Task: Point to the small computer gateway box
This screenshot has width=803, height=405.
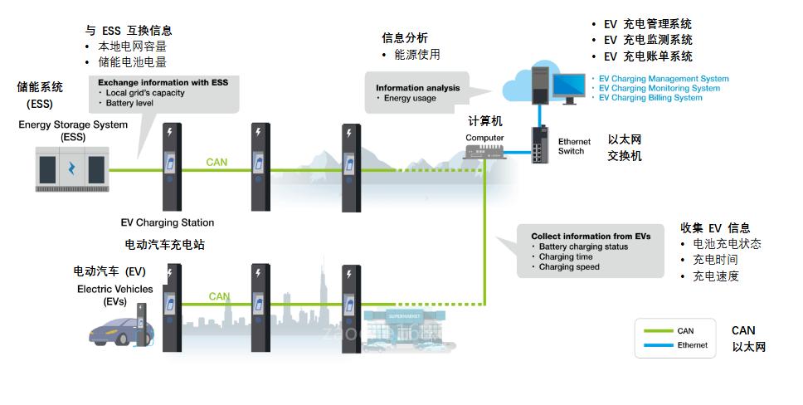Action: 484,151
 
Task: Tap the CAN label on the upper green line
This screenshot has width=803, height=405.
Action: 217,162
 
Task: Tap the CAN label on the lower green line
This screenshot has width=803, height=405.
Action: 219,296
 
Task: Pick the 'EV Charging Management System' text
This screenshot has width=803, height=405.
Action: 664,79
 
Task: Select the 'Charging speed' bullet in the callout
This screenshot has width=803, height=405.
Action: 569,267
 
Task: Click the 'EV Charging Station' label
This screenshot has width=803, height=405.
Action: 168,222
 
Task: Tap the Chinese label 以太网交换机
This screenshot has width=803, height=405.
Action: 625,148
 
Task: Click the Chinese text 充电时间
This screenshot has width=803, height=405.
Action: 715,260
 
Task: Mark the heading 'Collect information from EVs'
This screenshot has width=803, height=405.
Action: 591,237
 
